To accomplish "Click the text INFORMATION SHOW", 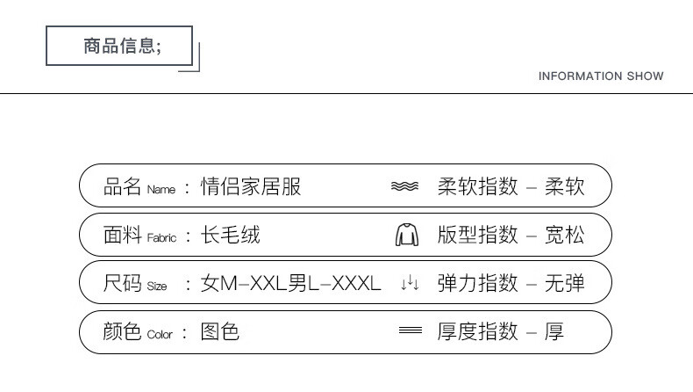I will click(x=601, y=76).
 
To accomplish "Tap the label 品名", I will click(x=123, y=186).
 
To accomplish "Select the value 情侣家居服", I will click(x=251, y=186).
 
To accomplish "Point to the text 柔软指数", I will click(x=478, y=186).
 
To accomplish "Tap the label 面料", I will click(x=123, y=236).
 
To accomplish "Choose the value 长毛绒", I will click(x=231, y=236).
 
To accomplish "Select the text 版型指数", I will click(x=478, y=236).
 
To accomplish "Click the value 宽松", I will click(x=564, y=236).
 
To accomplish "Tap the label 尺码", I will click(x=123, y=283).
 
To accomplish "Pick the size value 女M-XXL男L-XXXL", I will click(x=291, y=284).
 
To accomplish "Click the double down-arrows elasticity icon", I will click(x=410, y=284).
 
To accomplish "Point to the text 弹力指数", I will click(x=478, y=283).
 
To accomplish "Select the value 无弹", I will click(x=564, y=283).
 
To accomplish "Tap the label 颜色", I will click(x=123, y=332).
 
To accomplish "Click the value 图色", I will click(x=220, y=332).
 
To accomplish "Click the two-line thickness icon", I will click(x=411, y=331).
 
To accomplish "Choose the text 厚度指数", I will click(x=478, y=332).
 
